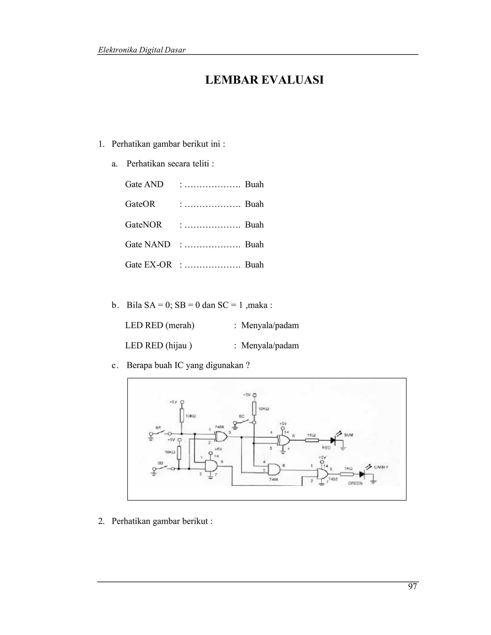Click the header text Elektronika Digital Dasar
tap(142, 50)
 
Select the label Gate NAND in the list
tap(147, 244)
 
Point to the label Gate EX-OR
tap(148, 265)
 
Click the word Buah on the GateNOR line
tap(254, 225)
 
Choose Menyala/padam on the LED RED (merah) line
tap(270, 325)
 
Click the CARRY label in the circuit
tap(381, 467)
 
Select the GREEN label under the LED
tap(355, 483)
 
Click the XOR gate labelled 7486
tap(221, 436)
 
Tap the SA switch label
tap(158, 427)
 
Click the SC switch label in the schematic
tap(241, 416)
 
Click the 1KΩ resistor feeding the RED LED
tap(311, 441)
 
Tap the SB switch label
tap(160, 462)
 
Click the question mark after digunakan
tap(248, 365)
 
